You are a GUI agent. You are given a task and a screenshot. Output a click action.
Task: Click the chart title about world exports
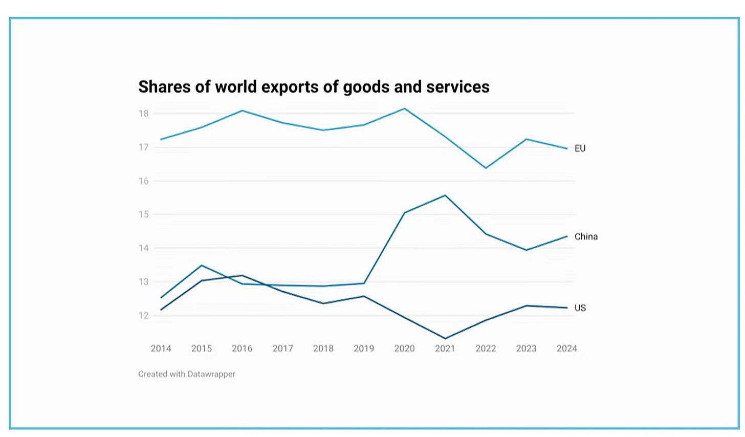pyautogui.click(x=314, y=87)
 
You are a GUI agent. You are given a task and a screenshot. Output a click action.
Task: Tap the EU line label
pyautogui.click(x=580, y=148)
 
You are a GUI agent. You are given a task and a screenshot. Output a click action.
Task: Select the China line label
pyautogui.click(x=586, y=236)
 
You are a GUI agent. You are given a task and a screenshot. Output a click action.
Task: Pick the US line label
pyautogui.click(x=580, y=308)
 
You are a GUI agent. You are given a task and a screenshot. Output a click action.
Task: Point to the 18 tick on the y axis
pyautogui.click(x=144, y=114)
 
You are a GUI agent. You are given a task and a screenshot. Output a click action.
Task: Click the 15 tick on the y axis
pyautogui.click(x=144, y=214)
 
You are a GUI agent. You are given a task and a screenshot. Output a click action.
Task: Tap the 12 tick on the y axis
pyautogui.click(x=144, y=316)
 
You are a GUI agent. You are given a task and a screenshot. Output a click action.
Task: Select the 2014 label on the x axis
pyautogui.click(x=161, y=348)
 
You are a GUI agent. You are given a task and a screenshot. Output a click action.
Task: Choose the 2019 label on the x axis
pyautogui.click(x=364, y=348)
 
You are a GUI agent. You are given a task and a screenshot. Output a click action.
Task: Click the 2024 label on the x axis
pyautogui.click(x=567, y=348)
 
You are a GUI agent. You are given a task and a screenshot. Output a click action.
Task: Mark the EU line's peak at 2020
pyautogui.click(x=404, y=108)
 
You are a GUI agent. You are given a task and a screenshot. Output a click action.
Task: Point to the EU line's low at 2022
pyautogui.click(x=486, y=168)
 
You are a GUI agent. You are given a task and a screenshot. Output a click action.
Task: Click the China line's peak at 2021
pyautogui.click(x=445, y=195)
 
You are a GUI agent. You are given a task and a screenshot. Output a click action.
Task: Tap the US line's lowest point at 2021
pyautogui.click(x=445, y=339)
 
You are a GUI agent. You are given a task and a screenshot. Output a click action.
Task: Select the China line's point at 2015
pyautogui.click(x=202, y=266)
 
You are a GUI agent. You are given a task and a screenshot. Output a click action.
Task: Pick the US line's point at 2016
pyautogui.click(x=242, y=275)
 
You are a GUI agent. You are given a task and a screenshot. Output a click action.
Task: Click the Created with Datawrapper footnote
pyautogui.click(x=187, y=374)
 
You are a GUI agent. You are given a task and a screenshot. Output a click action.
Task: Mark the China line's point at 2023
pyautogui.click(x=527, y=250)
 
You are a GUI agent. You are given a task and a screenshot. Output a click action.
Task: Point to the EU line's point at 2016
pyautogui.click(x=242, y=111)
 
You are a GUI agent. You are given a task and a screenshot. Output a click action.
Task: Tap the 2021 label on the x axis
pyautogui.click(x=445, y=348)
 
